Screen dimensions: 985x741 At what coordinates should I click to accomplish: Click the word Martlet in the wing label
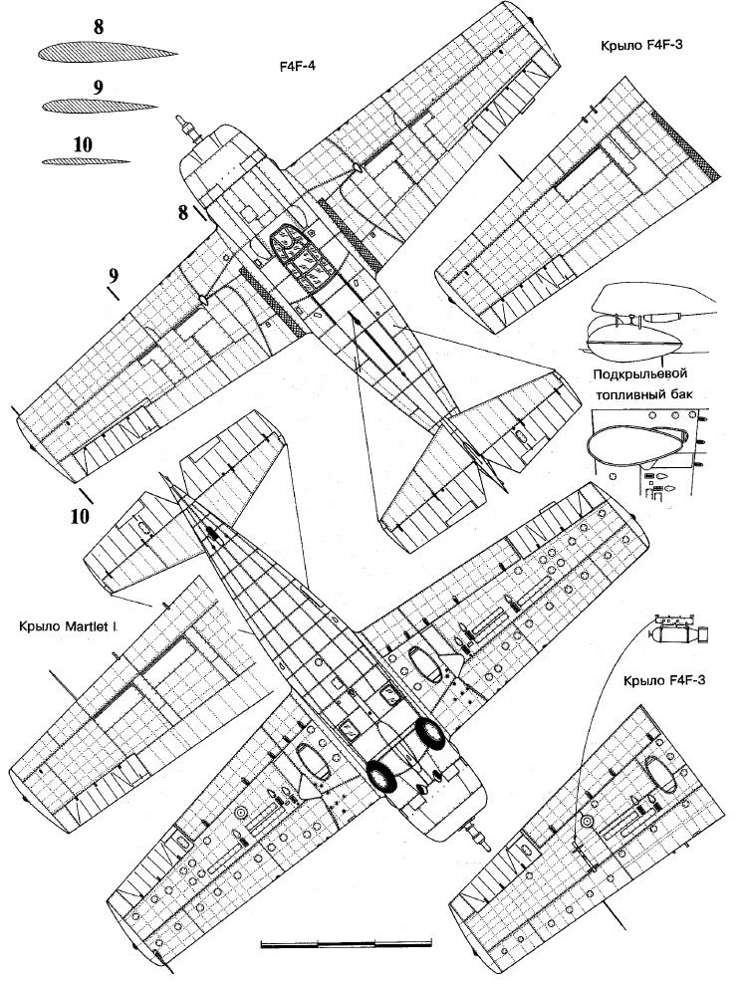coord(89,626)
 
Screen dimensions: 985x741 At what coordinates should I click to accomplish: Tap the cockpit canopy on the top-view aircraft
coord(300,253)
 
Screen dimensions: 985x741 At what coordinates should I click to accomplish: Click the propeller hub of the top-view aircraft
coord(184,126)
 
